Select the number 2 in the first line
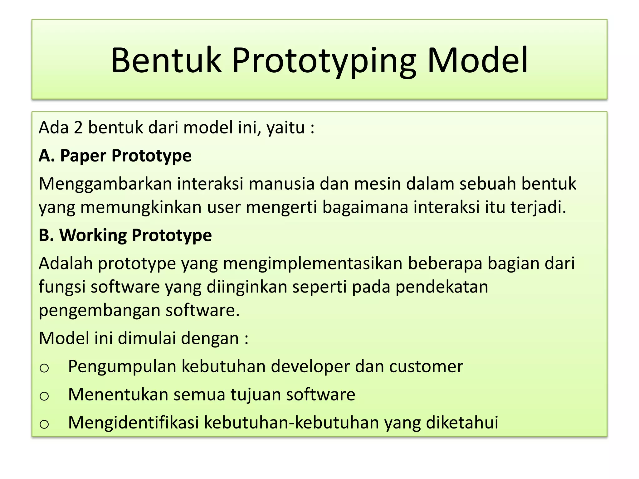[78, 128]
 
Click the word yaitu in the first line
[285, 128]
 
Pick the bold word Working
[93, 235]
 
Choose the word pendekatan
[441, 287]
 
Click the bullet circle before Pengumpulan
[44, 368]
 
